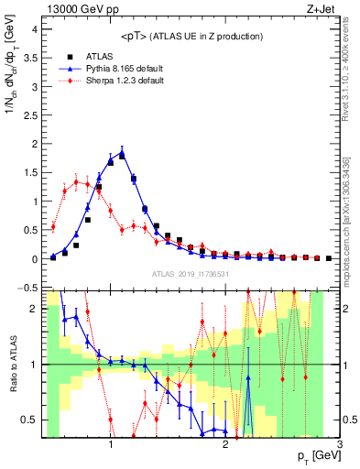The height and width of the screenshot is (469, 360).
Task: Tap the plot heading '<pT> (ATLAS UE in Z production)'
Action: [x=191, y=36]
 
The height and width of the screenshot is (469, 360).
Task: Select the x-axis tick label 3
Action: [x=339, y=444]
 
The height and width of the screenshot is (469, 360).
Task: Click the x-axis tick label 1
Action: [x=111, y=444]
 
